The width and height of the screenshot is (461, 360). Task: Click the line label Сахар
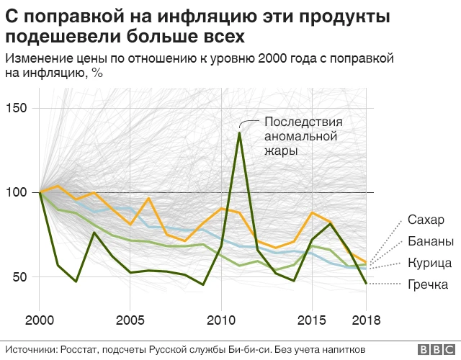(x=426, y=220)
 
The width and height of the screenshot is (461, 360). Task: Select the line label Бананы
(x=430, y=241)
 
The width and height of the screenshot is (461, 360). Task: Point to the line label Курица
(x=429, y=263)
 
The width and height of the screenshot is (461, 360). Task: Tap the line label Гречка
(x=428, y=284)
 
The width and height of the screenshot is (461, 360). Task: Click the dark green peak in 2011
(x=239, y=133)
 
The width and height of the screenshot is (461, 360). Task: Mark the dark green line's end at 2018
(x=366, y=283)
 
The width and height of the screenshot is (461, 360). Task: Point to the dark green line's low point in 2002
(x=76, y=281)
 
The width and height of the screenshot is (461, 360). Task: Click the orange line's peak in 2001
(x=58, y=186)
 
